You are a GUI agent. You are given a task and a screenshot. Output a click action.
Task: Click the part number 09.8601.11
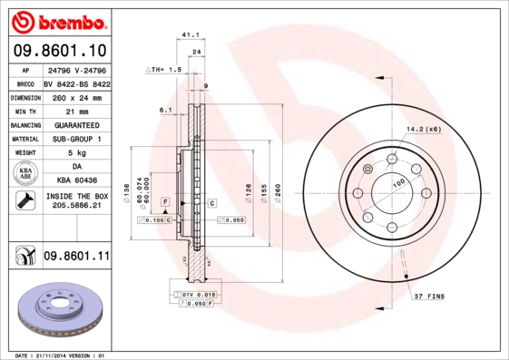pyautogui.click(x=76, y=257)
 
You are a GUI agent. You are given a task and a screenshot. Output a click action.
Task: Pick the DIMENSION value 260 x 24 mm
pyautogui.click(x=76, y=96)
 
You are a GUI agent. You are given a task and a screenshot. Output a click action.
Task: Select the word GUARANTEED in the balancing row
pyautogui.click(x=76, y=124)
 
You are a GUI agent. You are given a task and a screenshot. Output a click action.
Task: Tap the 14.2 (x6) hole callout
pyautogui.click(x=423, y=130)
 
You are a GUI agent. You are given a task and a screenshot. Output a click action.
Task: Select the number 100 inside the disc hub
pyautogui.click(x=397, y=182)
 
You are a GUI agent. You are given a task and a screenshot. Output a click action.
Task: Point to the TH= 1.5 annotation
pyautogui.click(x=165, y=69)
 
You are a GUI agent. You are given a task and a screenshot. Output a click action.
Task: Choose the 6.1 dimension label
pyautogui.click(x=166, y=111)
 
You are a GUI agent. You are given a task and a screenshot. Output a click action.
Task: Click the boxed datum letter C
pyautogui.click(x=210, y=203)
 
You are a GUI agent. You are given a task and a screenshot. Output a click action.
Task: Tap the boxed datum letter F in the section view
pyautogui.click(x=166, y=200)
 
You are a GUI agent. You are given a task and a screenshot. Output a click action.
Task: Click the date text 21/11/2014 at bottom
pyautogui.click(x=63, y=355)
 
